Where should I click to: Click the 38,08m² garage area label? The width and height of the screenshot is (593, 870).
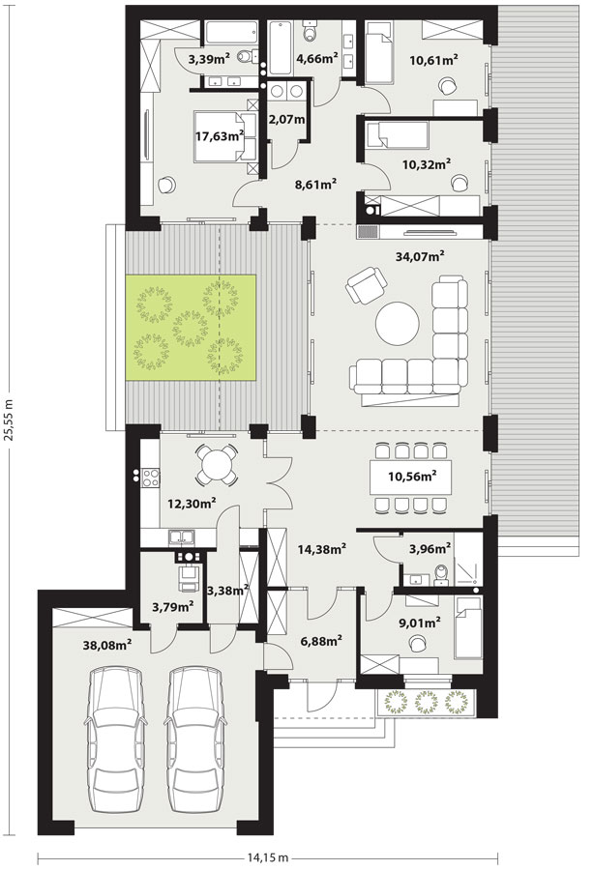pyautogui.click(x=107, y=644)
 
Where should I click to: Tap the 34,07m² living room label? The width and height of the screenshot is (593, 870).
pyautogui.click(x=420, y=256)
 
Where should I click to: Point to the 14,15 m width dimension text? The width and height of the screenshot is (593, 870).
pyautogui.click(x=268, y=857)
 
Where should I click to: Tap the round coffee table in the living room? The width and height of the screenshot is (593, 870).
pyautogui.click(x=398, y=324)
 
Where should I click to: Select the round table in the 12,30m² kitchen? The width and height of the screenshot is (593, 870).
pyautogui.click(x=217, y=465)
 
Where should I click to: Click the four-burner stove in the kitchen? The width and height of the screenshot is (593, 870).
pyautogui.click(x=151, y=478)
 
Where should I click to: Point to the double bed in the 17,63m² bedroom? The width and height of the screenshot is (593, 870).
pyautogui.click(x=225, y=136)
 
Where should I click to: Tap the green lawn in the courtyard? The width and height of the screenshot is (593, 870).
pyautogui.click(x=191, y=328)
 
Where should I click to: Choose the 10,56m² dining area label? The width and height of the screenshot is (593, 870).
pyautogui.click(x=411, y=476)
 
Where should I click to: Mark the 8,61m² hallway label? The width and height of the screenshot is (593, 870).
pyautogui.click(x=317, y=185)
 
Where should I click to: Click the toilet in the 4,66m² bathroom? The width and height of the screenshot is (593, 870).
pyautogui.click(x=310, y=31)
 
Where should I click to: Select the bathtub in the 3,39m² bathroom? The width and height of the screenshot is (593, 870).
pyautogui.click(x=231, y=33)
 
